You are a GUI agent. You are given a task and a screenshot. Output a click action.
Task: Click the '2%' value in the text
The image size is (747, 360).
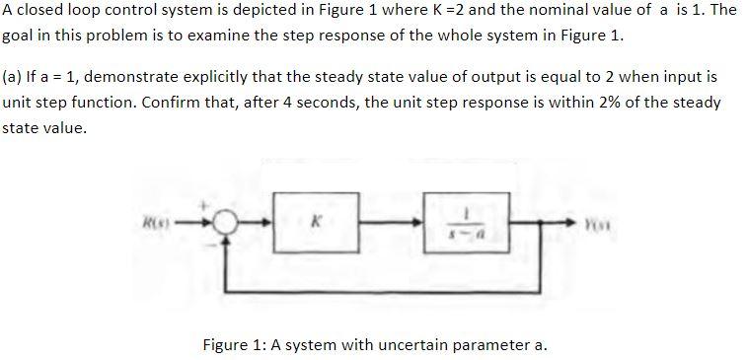547,103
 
